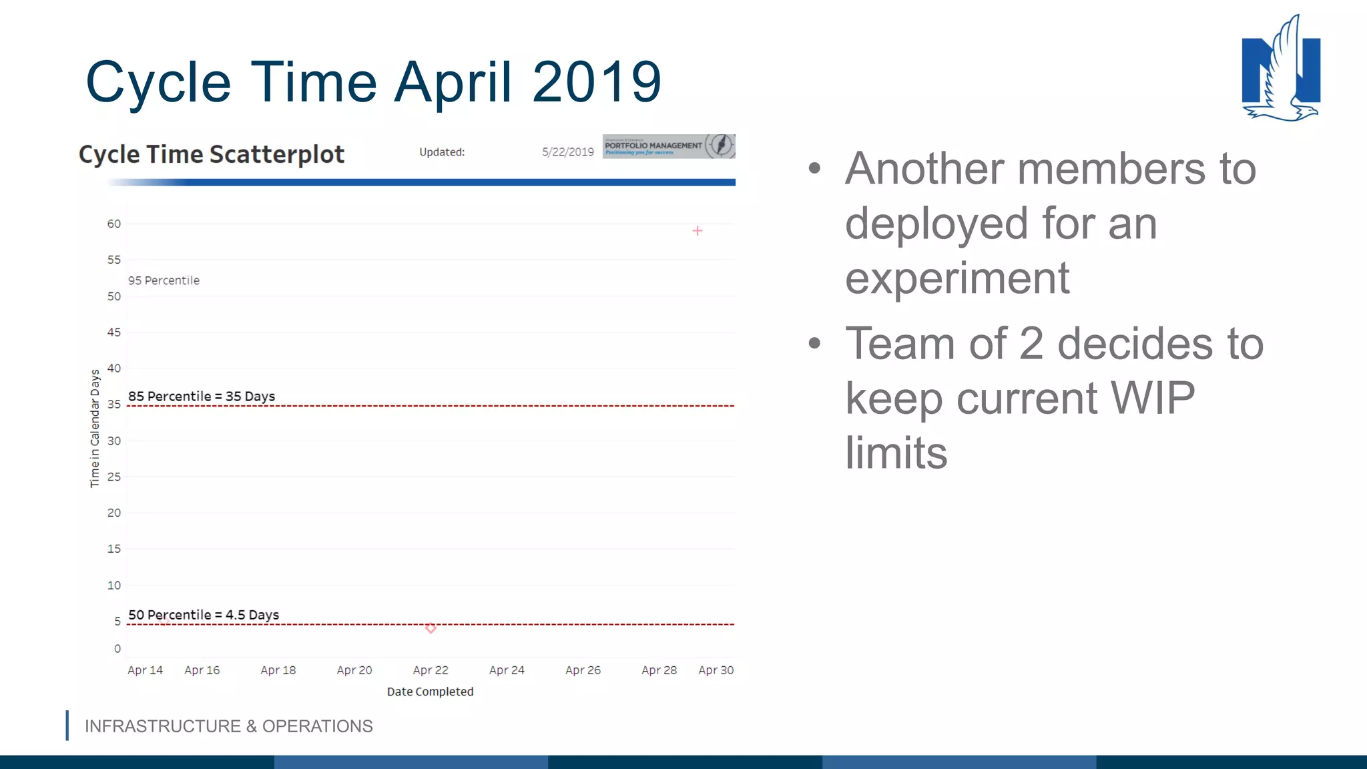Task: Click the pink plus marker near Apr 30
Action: click(697, 231)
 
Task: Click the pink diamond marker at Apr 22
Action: click(431, 628)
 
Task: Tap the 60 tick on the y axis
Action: click(114, 224)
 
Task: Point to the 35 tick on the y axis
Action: click(114, 405)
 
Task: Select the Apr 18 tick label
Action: click(278, 670)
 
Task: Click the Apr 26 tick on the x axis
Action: click(583, 670)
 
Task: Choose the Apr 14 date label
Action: click(145, 670)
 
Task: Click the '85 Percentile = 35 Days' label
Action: click(202, 397)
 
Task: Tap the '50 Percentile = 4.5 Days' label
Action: click(204, 615)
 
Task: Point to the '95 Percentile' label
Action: click(164, 281)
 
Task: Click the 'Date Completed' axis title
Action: click(430, 692)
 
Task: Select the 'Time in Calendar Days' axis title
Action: click(95, 428)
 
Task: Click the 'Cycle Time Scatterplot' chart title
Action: click(212, 154)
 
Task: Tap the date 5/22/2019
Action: click(567, 152)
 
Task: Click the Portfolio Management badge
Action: click(668, 146)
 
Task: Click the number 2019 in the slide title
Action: click(596, 82)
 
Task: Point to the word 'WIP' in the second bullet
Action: click(1153, 399)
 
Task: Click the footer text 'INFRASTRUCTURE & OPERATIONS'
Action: click(228, 726)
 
